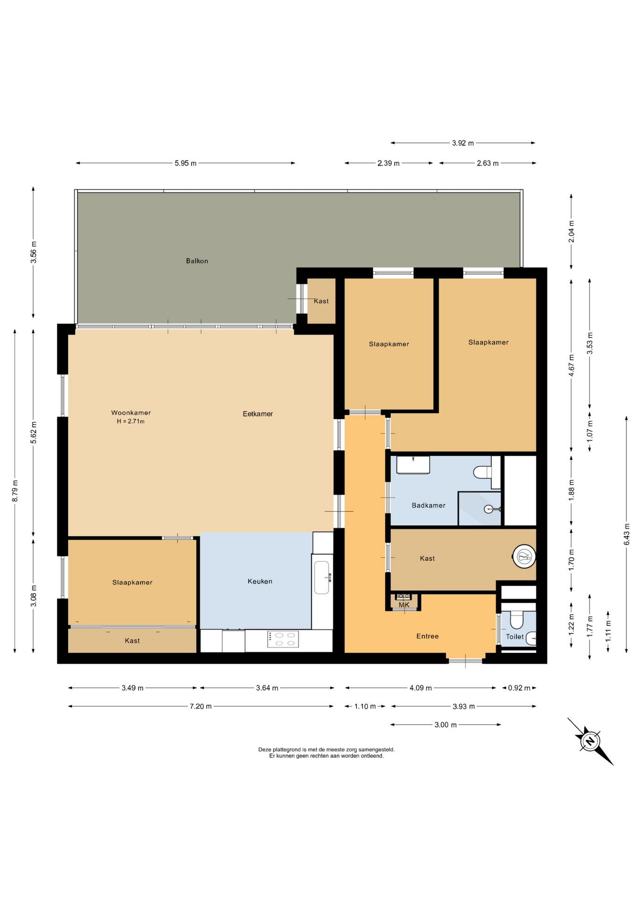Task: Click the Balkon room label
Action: coord(197,261)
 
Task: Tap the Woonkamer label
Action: coord(131,413)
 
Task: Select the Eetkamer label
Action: coord(258,414)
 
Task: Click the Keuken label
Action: coord(260,581)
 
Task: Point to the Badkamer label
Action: coord(429,505)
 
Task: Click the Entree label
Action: coord(428,636)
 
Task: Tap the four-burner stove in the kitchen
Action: coord(283,639)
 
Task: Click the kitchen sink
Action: coord(322,577)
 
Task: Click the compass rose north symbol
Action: coord(590,741)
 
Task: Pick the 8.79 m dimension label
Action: coord(15,491)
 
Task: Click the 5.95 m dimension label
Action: coord(186,163)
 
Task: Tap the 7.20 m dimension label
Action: coord(201,706)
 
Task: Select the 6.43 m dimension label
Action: coord(627,534)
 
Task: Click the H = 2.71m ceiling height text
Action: coord(131,421)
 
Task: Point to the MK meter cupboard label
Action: coord(404,605)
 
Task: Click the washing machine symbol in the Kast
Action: coord(524,557)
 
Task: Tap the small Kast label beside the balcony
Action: coord(321,301)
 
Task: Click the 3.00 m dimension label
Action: coord(446,725)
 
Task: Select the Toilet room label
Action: coord(514,637)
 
